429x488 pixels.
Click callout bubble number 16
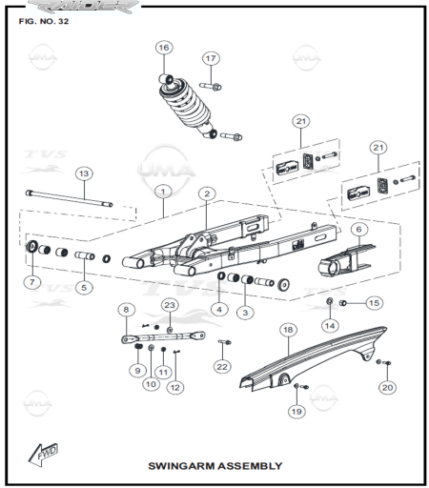pos(164,48)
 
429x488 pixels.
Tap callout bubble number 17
pos(211,58)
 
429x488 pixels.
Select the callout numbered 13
pos(84,173)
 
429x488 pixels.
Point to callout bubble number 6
pos(359,230)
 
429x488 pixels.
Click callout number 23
pos(170,305)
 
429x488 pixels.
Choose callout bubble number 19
pos(296,412)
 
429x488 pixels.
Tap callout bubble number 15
pos(374,303)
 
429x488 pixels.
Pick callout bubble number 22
pos(222,367)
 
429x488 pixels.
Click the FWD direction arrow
pos(44,455)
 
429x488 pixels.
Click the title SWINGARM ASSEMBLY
pos(215,466)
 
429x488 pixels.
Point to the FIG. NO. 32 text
pos(44,21)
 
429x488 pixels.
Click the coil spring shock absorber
pos(187,106)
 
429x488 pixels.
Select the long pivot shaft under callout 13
pos(69,198)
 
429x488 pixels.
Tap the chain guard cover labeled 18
pos(313,358)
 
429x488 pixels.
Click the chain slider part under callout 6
pos(346,260)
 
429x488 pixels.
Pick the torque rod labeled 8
pos(163,337)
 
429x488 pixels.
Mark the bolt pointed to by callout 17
pos(211,86)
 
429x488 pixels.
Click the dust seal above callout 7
pos(32,246)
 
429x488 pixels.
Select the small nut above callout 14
pos(330,300)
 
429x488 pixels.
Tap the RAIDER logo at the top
pos(83,7)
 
